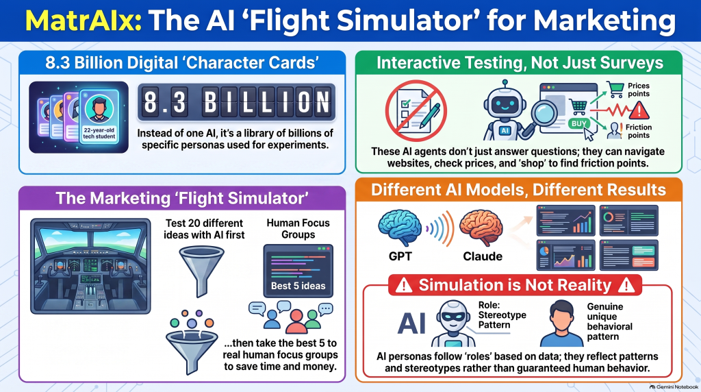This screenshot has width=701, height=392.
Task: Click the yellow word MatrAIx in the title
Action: coord(84,20)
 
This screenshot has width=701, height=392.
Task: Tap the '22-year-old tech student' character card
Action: coord(99,117)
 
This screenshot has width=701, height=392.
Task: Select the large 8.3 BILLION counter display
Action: coord(236,103)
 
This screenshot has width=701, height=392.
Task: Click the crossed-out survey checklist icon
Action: coord(416,110)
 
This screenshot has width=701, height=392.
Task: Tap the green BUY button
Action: coord(578,123)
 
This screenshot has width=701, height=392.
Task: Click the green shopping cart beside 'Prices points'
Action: coord(615,89)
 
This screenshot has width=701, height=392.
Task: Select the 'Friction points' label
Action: coord(639,131)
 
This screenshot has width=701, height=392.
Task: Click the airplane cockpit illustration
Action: coord(90,266)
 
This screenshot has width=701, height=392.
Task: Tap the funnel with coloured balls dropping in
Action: coord(192,343)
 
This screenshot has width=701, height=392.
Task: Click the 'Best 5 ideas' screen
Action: coord(298,271)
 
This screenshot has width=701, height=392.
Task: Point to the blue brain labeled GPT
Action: coord(400,228)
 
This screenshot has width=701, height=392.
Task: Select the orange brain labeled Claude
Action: coord(481,228)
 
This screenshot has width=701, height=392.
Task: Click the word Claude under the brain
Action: coord(483,256)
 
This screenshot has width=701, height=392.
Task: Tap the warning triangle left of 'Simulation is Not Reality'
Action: coord(404,285)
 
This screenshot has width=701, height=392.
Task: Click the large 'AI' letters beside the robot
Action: coord(411,323)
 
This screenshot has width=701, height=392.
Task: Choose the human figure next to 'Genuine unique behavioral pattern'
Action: coord(561,323)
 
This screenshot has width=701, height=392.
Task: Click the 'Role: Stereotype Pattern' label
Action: coord(502,315)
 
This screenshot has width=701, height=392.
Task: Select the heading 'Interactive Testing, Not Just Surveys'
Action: coord(520,63)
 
